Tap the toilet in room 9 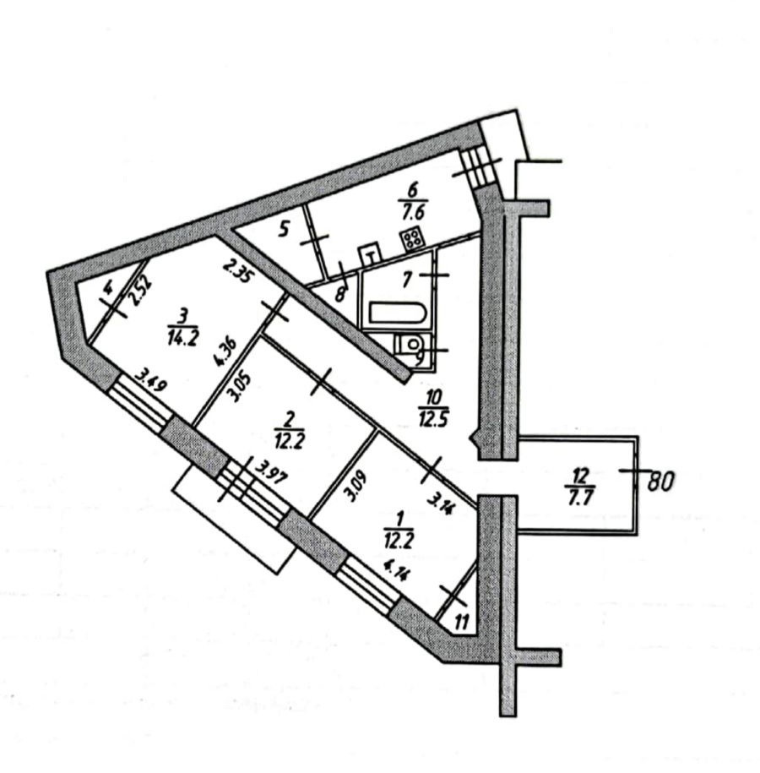coord(412,345)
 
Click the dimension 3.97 coord(270,475)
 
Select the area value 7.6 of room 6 coord(413,211)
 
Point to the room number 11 coord(460,623)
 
